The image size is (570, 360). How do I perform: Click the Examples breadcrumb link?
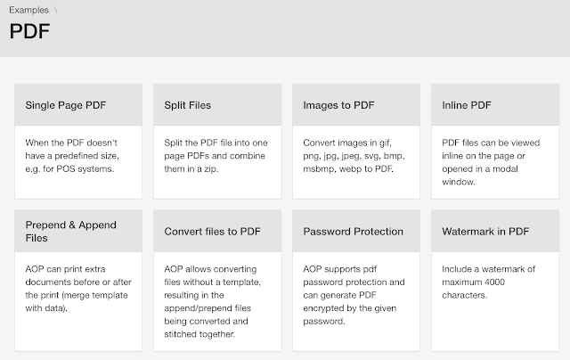tap(28, 10)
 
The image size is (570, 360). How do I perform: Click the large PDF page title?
tap(29, 31)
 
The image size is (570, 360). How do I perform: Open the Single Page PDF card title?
tap(66, 105)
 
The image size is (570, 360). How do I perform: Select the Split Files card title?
tap(188, 105)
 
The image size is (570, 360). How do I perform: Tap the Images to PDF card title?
tap(338, 105)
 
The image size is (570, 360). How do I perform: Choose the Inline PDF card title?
tap(467, 105)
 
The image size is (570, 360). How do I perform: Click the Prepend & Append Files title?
tap(71, 232)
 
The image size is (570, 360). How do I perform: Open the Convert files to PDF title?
tap(212, 232)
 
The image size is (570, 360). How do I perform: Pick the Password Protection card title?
tap(354, 232)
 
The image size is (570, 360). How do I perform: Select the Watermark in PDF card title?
tap(485, 232)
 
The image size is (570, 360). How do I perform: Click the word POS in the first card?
tap(66, 169)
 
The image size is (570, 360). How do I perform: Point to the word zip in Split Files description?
tap(211, 169)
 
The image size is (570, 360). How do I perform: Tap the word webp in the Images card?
tap(350, 169)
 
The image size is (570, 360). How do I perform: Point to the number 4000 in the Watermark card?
tap(494, 282)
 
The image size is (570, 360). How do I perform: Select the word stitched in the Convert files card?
tap(179, 334)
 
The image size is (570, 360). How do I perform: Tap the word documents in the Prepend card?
tap(45, 282)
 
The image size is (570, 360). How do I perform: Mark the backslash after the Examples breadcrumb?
tap(55, 10)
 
